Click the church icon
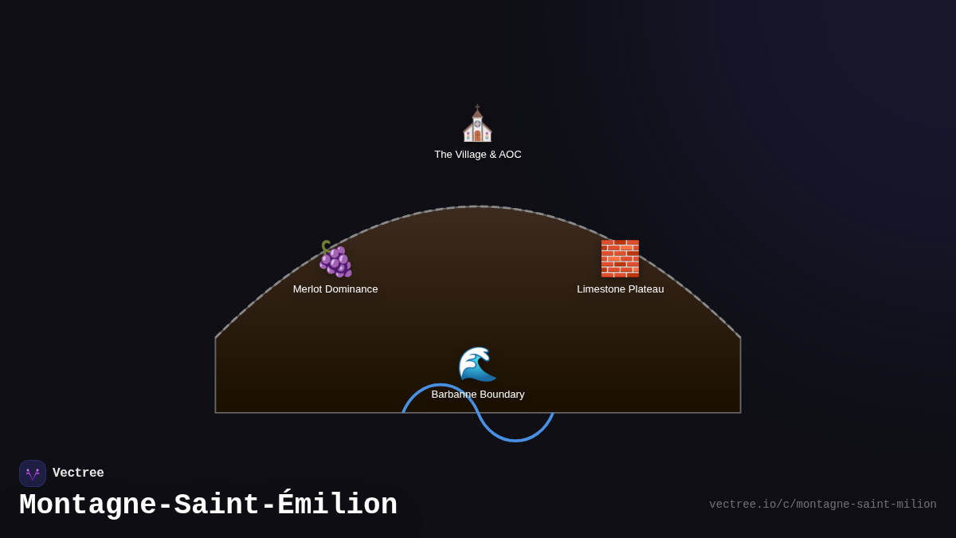pyautogui.click(x=477, y=123)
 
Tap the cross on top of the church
pyautogui.click(x=477, y=107)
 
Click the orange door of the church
pyautogui.click(x=477, y=135)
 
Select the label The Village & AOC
pyautogui.click(x=477, y=155)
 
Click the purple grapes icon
pyautogui.click(x=335, y=259)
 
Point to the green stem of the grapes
pyautogui.click(x=326, y=247)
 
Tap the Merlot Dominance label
pyautogui.click(x=335, y=289)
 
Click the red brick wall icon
pyautogui.click(x=620, y=259)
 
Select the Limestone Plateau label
pyautogui.click(x=620, y=289)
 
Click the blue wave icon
pyautogui.click(x=477, y=363)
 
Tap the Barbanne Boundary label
pyautogui.click(x=477, y=395)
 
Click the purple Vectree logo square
pyautogui.click(x=33, y=473)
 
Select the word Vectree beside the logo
pyautogui.click(x=78, y=473)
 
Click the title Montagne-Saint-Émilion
pyautogui.click(x=208, y=505)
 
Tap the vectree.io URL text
pyautogui.click(x=823, y=505)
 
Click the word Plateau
pyautogui.click(x=647, y=289)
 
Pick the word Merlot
pyautogui.click(x=308, y=289)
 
